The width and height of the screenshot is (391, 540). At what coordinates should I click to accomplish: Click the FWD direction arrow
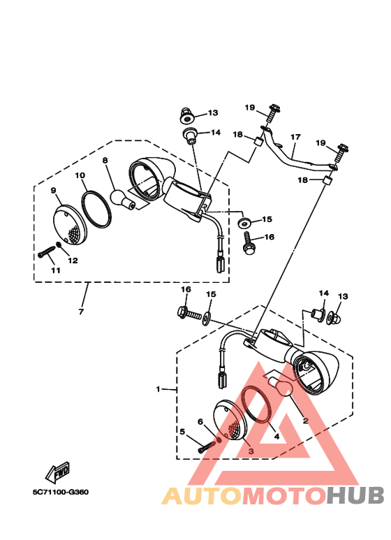(x=58, y=472)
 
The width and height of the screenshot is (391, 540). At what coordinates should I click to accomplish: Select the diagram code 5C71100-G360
(x=61, y=492)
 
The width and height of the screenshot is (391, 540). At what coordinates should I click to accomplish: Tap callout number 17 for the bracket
(x=295, y=137)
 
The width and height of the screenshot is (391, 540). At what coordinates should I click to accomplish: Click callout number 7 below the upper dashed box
(x=81, y=312)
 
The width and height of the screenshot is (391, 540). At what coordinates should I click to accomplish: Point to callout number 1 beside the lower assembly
(x=158, y=389)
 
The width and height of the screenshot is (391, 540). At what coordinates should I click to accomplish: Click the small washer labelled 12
(x=59, y=245)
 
